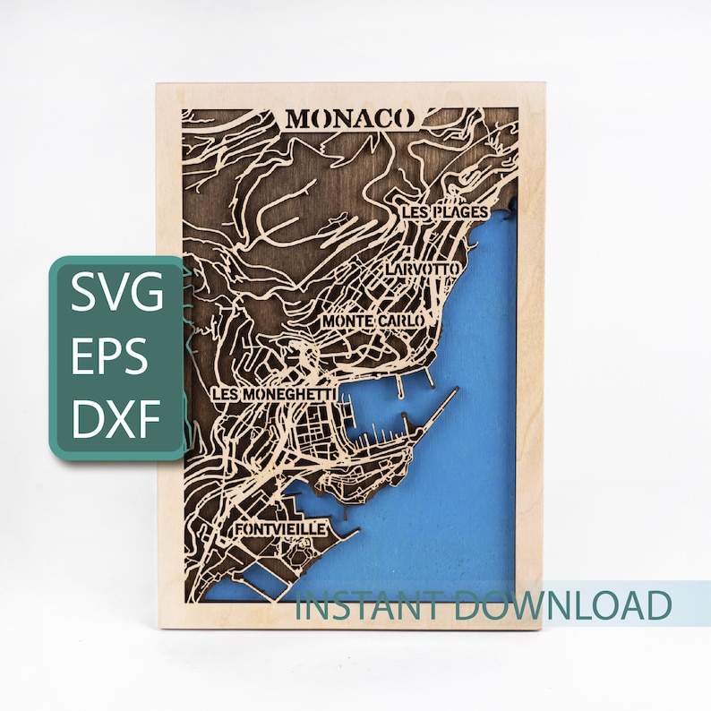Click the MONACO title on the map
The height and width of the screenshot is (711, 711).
pos(350,118)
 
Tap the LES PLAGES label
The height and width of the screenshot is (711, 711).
pos(445,212)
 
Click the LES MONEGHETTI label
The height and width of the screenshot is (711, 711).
pos(274,394)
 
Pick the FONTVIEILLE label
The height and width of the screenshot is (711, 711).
pos(280,530)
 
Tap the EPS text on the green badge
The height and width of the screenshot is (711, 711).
pos(110,357)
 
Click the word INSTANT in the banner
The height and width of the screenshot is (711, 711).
pos(371,606)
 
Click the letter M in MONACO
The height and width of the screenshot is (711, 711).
pos(298,118)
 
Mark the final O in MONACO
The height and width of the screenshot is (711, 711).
pos(404,118)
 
